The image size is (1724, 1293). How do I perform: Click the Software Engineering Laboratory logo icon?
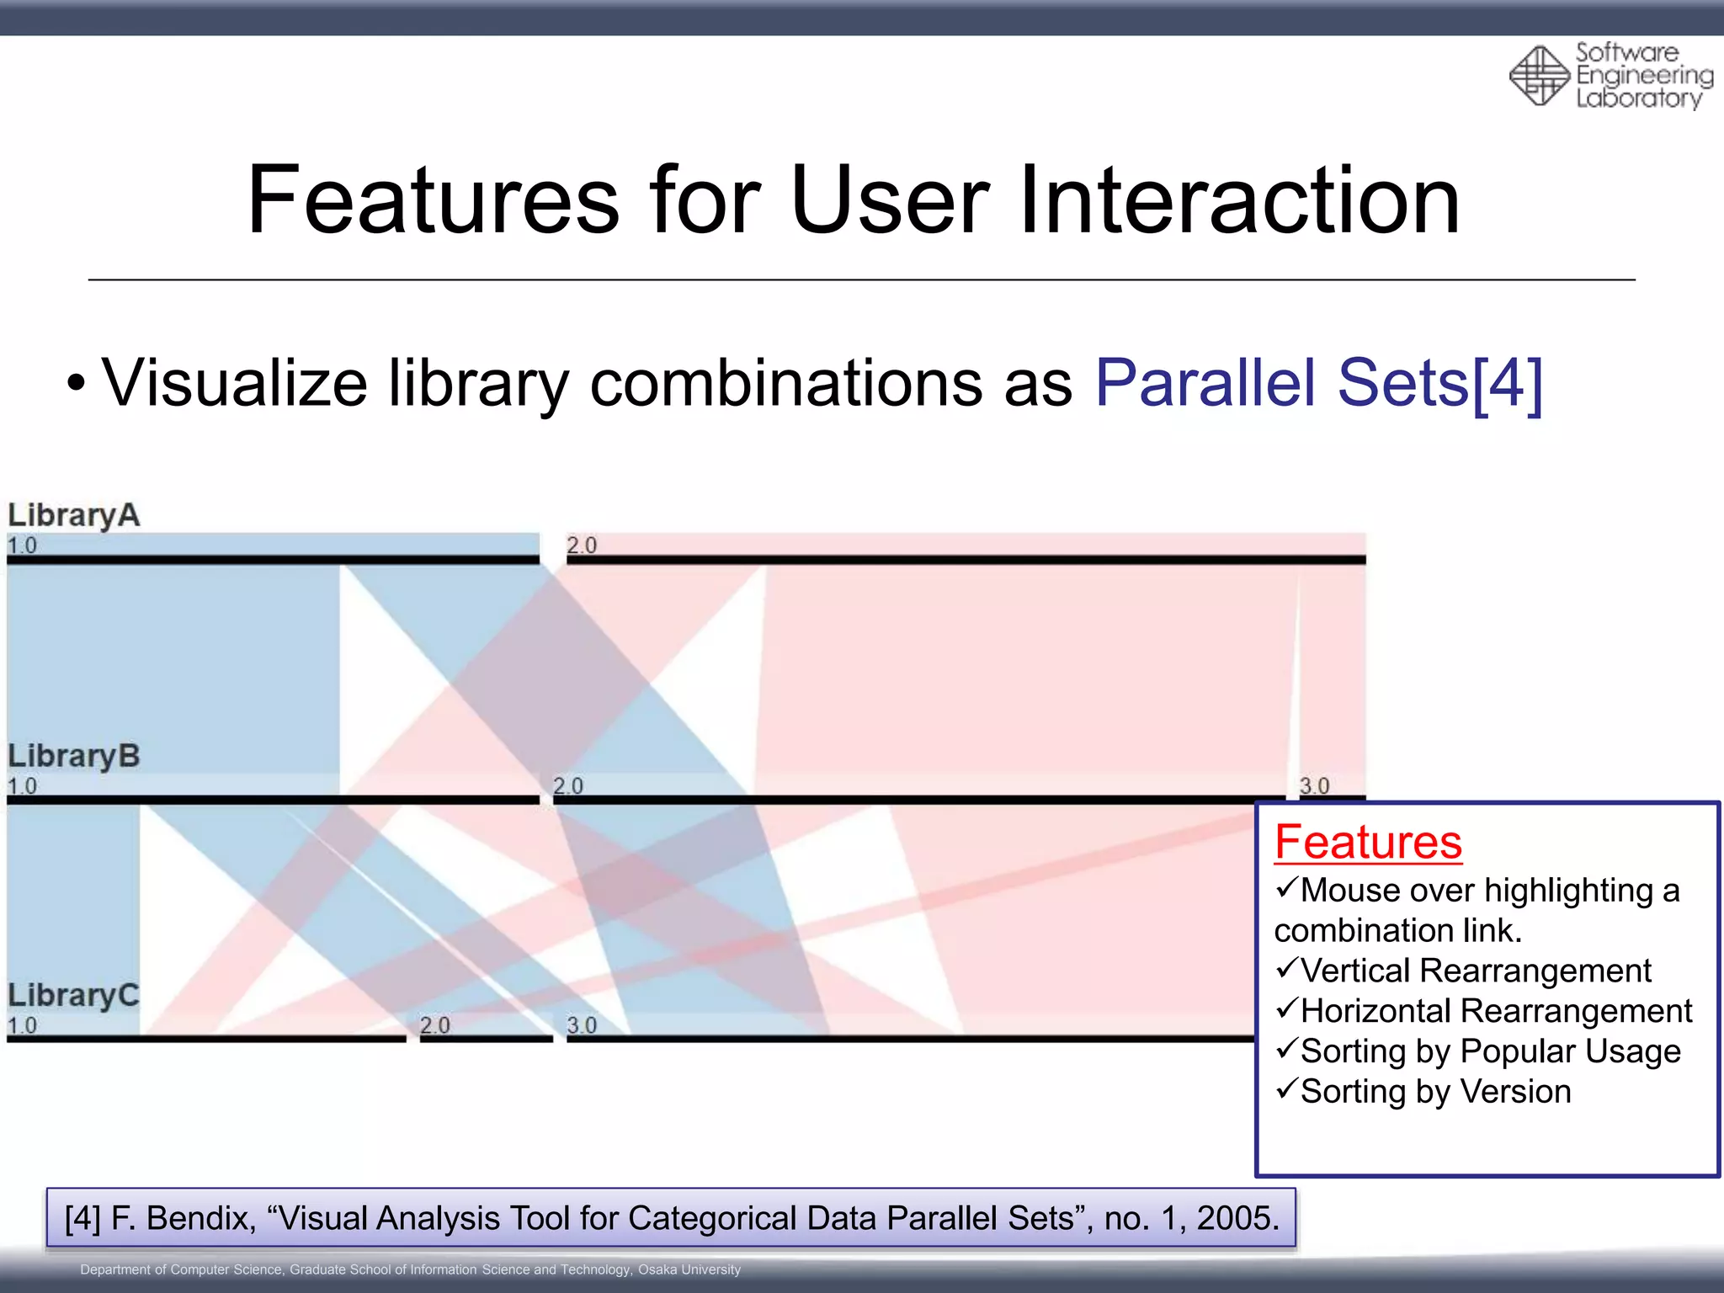pos(1539,76)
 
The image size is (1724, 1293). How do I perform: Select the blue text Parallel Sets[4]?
pos(1318,383)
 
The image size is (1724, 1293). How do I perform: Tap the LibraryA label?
pos(74,514)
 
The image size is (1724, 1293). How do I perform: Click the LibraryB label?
pos(74,755)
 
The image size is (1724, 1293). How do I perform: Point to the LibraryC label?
pos(74,995)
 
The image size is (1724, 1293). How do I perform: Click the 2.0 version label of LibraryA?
pos(581,545)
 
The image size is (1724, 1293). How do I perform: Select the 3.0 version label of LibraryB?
pos(1314,785)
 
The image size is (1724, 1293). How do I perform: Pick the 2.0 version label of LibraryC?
pos(434,1025)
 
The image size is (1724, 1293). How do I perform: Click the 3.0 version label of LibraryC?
pos(581,1025)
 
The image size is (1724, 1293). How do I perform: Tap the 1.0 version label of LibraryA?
pos(22,545)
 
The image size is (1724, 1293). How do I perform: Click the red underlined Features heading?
pos(1368,842)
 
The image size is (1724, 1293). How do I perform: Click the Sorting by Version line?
pos(1434,1092)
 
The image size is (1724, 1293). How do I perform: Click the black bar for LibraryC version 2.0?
pos(486,1039)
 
